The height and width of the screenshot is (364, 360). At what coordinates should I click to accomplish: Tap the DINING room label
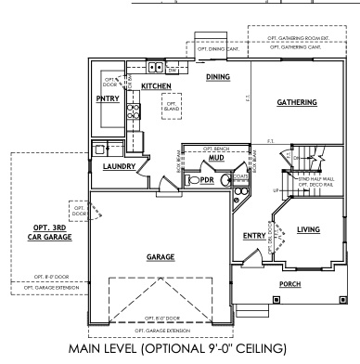tap(217, 77)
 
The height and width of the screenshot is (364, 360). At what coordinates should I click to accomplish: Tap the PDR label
tap(207, 180)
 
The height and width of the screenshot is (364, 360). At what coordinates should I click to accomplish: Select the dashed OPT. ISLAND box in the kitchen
tap(171, 106)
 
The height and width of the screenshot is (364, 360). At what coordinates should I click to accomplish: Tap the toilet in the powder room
tap(191, 180)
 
